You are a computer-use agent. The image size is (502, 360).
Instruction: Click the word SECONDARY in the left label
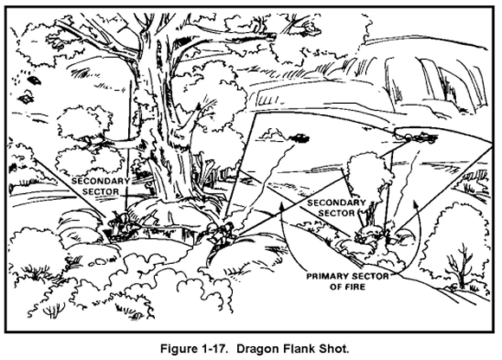coord(100,181)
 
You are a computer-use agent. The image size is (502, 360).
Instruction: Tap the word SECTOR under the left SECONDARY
coord(100,191)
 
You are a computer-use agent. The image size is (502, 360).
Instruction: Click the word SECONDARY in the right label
coord(336,202)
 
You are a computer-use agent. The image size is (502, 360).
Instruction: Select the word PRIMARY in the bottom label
coord(327,276)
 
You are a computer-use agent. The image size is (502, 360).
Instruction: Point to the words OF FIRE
coord(347,286)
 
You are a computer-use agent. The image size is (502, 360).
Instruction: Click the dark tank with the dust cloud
coord(299,138)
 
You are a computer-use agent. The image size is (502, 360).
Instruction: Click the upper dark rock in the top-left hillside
coord(34,80)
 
